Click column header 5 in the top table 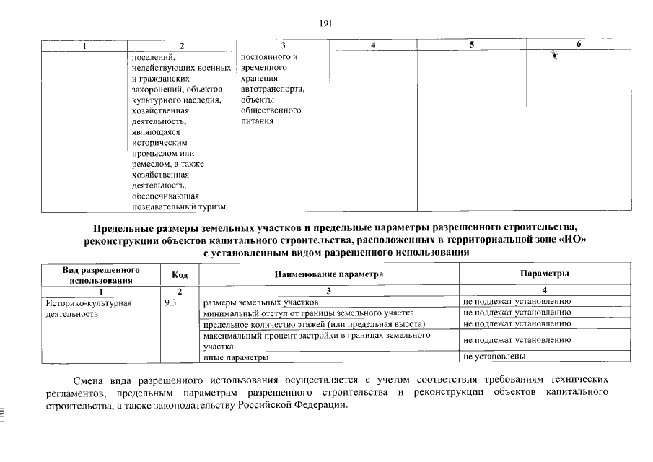pyautogui.click(x=471, y=45)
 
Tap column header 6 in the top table pyautogui.click(x=579, y=45)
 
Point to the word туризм pyautogui.click(x=210, y=207)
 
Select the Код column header pyautogui.click(x=180, y=274)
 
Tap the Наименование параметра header pyautogui.click(x=328, y=274)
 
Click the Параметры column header pyautogui.click(x=545, y=274)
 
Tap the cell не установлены pyautogui.click(x=494, y=357)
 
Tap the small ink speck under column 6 pyautogui.click(x=555, y=56)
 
